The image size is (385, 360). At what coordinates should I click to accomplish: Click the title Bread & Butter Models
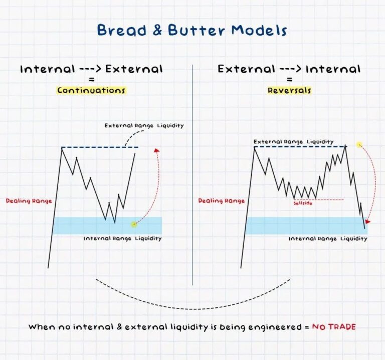click(192, 30)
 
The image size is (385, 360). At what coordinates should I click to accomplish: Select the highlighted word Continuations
click(91, 91)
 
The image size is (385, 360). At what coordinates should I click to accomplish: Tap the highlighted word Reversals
click(289, 91)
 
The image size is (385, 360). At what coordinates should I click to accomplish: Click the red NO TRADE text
click(334, 327)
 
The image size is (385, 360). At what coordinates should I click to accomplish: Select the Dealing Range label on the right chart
click(221, 201)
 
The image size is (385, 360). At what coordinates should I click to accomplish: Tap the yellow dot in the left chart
click(133, 224)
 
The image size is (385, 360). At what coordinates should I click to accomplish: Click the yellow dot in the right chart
click(359, 145)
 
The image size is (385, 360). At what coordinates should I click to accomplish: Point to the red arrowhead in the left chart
click(156, 149)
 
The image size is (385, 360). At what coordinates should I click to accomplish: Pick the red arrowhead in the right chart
click(368, 221)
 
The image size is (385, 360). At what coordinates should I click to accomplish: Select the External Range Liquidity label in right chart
click(293, 142)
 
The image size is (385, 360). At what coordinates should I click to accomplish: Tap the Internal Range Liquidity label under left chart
click(123, 239)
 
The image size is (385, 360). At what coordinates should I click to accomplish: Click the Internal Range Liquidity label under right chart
click(327, 239)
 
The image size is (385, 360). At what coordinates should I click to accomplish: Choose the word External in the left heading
click(134, 69)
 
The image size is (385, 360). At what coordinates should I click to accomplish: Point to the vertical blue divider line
click(192, 175)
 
